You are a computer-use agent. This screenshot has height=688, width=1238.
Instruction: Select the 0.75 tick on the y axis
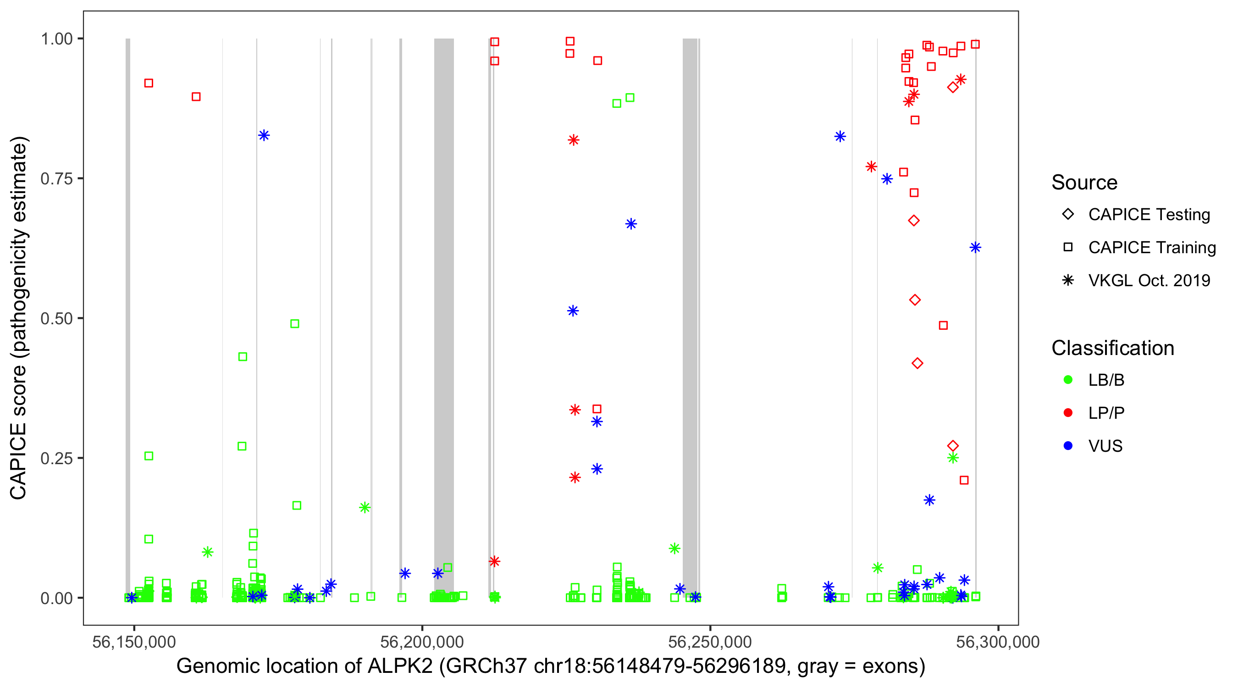[56, 178]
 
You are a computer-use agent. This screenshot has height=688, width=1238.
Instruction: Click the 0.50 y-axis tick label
[56, 318]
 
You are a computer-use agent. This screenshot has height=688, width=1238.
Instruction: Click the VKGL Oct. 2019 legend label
[1149, 280]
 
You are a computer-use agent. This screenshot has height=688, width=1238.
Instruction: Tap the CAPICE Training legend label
[1152, 247]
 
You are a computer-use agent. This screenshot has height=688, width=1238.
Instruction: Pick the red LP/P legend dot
[1068, 413]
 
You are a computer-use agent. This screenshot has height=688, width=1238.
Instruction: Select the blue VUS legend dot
[1068, 446]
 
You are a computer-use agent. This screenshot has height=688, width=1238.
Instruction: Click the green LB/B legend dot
[1068, 380]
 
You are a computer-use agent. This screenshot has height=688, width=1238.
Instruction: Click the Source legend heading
[1084, 182]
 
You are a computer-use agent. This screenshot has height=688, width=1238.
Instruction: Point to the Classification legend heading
[1112, 348]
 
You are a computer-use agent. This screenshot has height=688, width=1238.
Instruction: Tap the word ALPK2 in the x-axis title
[400, 666]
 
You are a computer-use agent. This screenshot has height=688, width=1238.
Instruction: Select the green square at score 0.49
[295, 323]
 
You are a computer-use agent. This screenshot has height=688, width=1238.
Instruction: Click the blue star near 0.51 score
[573, 311]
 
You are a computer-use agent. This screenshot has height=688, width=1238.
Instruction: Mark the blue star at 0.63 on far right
[975, 248]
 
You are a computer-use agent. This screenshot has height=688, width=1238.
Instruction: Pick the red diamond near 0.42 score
[917, 363]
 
